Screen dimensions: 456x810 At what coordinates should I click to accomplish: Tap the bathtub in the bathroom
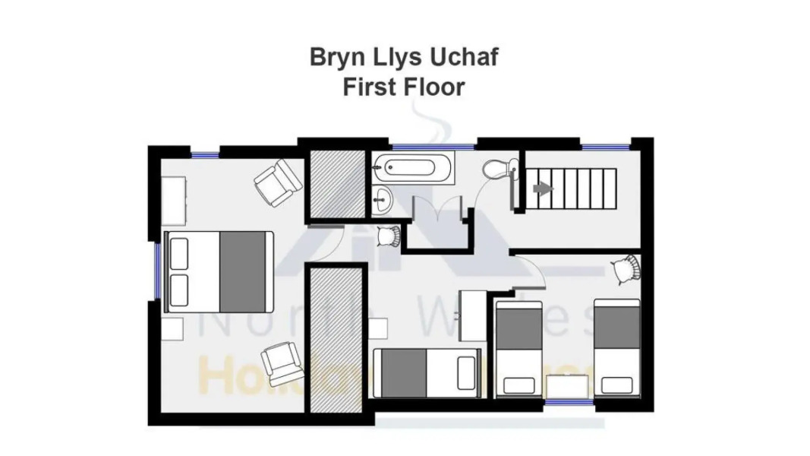412,166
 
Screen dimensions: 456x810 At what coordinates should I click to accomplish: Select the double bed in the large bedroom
218,271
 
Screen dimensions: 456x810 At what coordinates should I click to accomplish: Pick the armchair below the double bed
282,363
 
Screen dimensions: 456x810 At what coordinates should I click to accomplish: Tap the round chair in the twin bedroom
626,268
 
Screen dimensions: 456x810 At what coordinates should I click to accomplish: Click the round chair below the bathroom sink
389,236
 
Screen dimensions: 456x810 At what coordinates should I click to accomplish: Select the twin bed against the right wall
616,347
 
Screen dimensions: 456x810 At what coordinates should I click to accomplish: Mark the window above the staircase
605,145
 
